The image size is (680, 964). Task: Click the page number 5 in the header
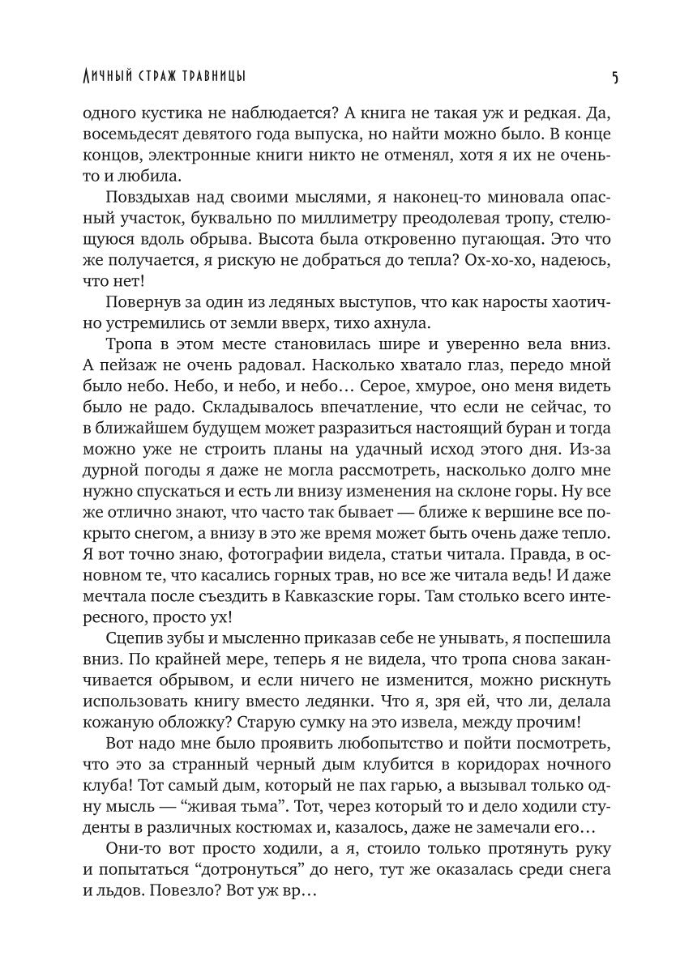tap(615, 78)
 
